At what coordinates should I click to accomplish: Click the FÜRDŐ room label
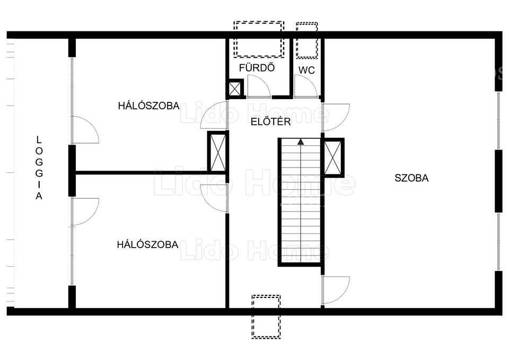[x=257, y=67]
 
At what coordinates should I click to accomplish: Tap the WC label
[x=306, y=70]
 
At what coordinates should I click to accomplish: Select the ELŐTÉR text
[x=271, y=122]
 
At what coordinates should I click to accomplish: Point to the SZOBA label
[x=411, y=178]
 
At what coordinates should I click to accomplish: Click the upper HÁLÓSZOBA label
[x=148, y=106]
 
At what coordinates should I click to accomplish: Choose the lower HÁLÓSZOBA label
[x=148, y=244]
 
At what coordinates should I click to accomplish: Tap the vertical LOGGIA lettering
[x=39, y=168]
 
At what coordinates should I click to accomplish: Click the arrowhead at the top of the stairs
[x=301, y=142]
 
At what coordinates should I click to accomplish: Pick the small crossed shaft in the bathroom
[x=235, y=89]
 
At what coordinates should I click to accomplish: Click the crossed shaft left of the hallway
[x=217, y=152]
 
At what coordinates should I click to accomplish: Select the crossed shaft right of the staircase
[x=333, y=158]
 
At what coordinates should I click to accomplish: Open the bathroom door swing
[x=259, y=86]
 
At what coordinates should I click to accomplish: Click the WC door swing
[x=305, y=86]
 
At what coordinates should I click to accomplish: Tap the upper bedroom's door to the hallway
[x=214, y=116]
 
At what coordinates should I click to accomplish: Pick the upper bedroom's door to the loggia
[x=85, y=130]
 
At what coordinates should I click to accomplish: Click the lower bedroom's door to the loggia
[x=85, y=212]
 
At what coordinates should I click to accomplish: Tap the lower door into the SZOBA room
[x=336, y=290]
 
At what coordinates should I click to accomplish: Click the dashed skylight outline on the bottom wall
[x=266, y=317]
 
